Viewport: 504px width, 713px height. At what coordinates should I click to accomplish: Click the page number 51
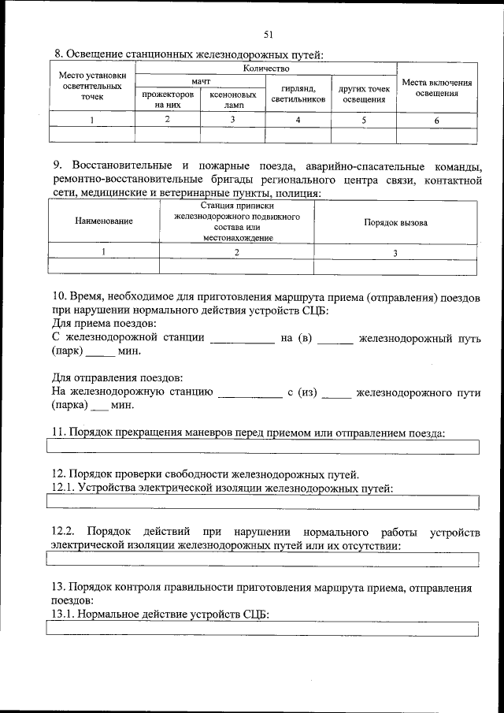[269, 34]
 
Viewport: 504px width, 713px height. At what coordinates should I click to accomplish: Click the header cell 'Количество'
[267, 69]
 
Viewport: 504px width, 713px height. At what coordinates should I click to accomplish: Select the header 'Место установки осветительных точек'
[91, 87]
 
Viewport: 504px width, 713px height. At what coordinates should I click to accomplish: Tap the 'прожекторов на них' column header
[167, 98]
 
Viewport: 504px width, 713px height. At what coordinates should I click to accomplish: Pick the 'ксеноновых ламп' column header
[233, 98]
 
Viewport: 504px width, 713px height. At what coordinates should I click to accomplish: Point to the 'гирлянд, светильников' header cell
[298, 94]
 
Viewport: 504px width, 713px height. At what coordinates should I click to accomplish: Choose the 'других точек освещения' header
[364, 94]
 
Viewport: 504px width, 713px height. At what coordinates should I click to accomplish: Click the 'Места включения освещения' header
[436, 87]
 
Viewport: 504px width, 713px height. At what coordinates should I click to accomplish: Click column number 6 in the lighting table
[436, 120]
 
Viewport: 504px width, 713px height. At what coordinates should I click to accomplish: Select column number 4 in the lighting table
[298, 120]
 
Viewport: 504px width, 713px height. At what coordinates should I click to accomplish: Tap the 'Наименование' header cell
[104, 222]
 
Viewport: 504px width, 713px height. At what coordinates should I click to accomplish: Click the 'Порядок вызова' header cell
[395, 222]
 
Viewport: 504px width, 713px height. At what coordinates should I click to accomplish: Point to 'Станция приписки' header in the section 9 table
[237, 206]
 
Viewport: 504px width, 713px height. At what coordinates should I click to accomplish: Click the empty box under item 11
[263, 447]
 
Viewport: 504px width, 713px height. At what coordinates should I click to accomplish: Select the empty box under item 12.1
[263, 502]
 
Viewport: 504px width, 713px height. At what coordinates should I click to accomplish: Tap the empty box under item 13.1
[263, 628]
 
